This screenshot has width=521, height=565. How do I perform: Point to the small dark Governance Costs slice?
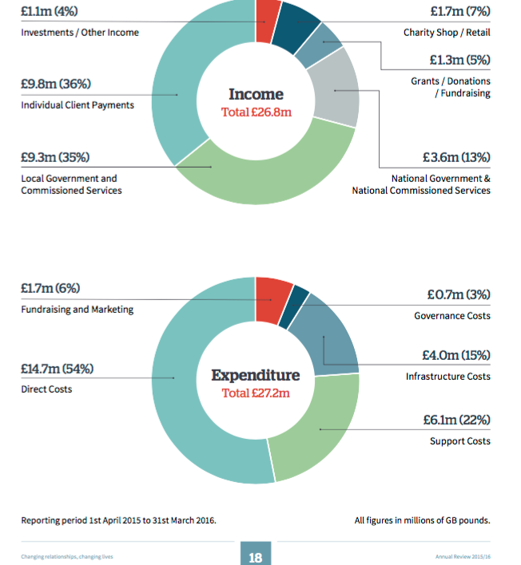(300, 298)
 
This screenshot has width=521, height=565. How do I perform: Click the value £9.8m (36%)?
(55, 83)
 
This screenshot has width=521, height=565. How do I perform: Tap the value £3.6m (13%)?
(456, 156)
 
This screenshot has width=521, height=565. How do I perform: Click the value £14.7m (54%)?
(57, 369)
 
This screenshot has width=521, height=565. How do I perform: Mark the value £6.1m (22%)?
(456, 420)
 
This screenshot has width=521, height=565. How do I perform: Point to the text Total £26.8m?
(257, 112)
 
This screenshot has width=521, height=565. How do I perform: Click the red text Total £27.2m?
(257, 393)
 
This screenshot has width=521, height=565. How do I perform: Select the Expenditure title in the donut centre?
(256, 375)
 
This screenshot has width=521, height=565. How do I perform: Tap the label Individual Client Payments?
(78, 105)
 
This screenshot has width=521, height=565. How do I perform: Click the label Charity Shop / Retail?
(447, 33)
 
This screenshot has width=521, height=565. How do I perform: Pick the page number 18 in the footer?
(256, 557)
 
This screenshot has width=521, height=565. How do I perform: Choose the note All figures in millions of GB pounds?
(422, 520)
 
